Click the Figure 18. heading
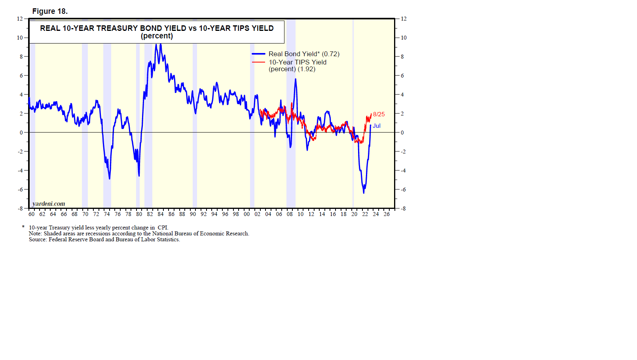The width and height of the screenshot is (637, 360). (x=50, y=11)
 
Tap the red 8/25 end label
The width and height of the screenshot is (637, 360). (x=379, y=114)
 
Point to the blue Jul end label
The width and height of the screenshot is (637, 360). (x=377, y=126)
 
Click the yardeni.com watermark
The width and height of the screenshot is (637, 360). (x=49, y=204)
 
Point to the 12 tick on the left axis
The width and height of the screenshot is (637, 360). (x=20, y=19)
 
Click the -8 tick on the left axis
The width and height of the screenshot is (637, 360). (x=20, y=208)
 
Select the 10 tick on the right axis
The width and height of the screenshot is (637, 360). (x=404, y=38)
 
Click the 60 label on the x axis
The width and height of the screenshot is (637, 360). (x=32, y=214)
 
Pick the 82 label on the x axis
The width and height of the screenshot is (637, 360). (x=150, y=214)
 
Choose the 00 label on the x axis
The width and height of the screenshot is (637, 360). (x=247, y=214)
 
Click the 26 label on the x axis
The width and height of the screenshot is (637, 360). (x=387, y=214)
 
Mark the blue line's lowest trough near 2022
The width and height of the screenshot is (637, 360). (x=364, y=193)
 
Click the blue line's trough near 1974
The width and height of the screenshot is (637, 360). (x=110, y=179)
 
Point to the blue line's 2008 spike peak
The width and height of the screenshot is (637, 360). (x=295, y=79)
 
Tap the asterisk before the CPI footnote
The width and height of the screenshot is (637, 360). (x=23, y=227)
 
